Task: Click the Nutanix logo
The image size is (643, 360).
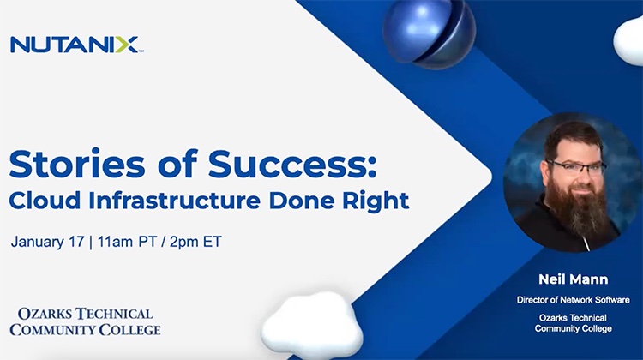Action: (75, 44)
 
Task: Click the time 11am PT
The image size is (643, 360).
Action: (129, 242)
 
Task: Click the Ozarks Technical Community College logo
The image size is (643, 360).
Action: (85, 321)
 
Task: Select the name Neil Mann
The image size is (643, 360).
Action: (573, 279)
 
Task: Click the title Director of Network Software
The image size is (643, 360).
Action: (573, 299)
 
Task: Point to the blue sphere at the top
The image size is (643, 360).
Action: (427, 32)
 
